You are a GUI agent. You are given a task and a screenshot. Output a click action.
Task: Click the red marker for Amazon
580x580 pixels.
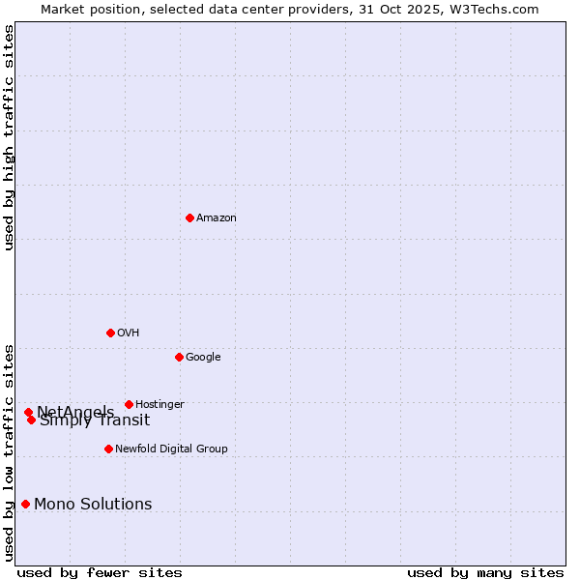[189, 217]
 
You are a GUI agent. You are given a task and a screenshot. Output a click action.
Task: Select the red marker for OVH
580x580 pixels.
[110, 333]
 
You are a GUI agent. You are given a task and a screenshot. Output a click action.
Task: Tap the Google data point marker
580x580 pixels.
[179, 357]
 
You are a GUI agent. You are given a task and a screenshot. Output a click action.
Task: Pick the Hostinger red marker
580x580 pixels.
[129, 404]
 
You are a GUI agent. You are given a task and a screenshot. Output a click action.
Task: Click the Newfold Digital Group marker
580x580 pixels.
[108, 449]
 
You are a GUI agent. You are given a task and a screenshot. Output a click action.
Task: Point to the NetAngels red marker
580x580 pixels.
[28, 412]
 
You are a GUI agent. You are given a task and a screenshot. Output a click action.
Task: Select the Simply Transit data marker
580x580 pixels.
[31, 420]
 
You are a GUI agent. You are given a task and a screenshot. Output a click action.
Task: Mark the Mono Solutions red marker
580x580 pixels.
[25, 504]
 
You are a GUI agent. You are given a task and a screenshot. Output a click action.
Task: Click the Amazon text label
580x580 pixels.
[217, 217]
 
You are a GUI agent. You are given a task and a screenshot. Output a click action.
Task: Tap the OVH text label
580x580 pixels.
[129, 333]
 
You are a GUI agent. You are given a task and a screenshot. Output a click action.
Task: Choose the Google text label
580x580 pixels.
[203, 357]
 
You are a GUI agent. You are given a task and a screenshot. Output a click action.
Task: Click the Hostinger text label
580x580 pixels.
[159, 404]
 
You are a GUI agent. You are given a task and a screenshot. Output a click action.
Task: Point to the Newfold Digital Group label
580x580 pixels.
[171, 449]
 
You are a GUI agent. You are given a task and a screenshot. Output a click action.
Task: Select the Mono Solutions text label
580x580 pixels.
[93, 504]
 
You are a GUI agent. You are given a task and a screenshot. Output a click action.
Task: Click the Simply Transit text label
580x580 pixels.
[95, 420]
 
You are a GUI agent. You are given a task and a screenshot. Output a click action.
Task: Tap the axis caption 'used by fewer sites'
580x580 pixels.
[100, 572]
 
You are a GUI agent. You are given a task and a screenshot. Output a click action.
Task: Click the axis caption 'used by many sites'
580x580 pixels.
[485, 572]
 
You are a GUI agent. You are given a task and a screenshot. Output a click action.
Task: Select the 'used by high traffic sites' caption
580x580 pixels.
[9, 137]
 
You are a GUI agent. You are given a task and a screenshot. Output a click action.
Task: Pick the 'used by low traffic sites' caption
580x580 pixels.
[9, 451]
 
